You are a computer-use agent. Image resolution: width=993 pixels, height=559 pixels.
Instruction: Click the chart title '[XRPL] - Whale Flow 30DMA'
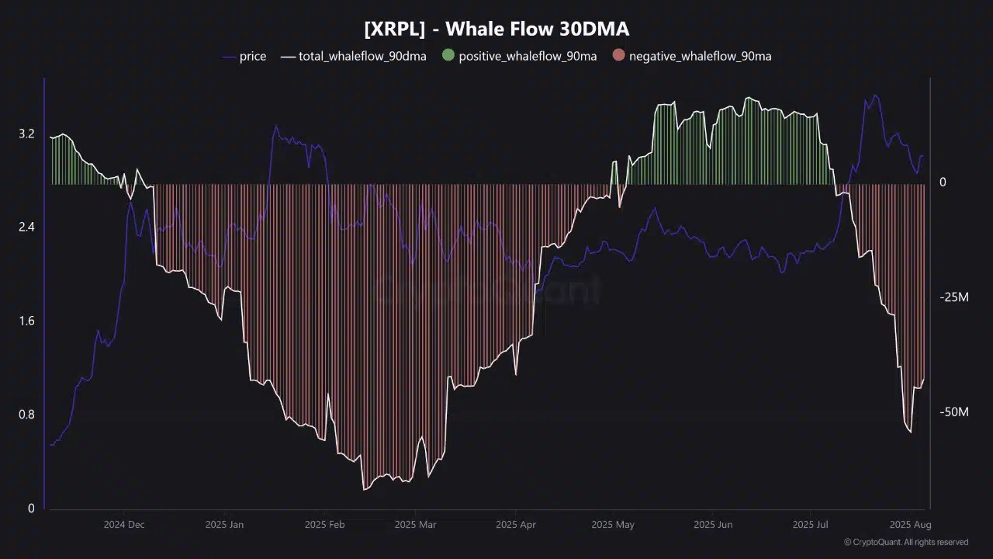(x=496, y=29)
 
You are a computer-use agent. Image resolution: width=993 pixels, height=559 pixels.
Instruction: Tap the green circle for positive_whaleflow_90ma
(x=448, y=56)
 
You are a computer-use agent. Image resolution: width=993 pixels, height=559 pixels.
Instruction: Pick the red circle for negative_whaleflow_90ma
(x=618, y=56)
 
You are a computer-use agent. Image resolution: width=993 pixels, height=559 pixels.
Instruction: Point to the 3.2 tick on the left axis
(x=26, y=134)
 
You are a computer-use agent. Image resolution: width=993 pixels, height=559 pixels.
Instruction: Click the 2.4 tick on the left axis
(x=26, y=227)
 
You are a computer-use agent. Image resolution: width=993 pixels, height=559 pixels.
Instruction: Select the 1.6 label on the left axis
(x=26, y=321)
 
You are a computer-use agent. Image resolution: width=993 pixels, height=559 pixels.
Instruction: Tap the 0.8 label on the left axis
(x=26, y=415)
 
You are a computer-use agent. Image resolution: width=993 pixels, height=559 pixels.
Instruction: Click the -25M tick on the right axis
(x=953, y=297)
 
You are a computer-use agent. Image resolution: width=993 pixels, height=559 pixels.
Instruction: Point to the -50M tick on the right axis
(x=953, y=412)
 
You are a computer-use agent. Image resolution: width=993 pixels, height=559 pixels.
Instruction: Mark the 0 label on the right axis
(x=943, y=182)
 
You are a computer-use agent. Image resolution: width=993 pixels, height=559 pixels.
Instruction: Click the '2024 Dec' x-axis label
(x=124, y=525)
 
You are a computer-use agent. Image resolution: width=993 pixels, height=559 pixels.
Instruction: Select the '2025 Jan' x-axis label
(x=224, y=525)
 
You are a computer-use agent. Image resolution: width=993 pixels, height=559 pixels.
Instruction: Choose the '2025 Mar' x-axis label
(x=415, y=525)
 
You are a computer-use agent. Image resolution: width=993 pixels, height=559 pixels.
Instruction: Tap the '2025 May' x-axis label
(x=613, y=525)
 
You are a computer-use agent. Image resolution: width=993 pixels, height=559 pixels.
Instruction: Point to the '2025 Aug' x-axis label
(x=911, y=525)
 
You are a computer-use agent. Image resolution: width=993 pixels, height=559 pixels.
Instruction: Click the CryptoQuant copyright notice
(x=905, y=542)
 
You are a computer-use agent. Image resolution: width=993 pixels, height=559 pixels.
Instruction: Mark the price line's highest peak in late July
(x=875, y=95)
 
